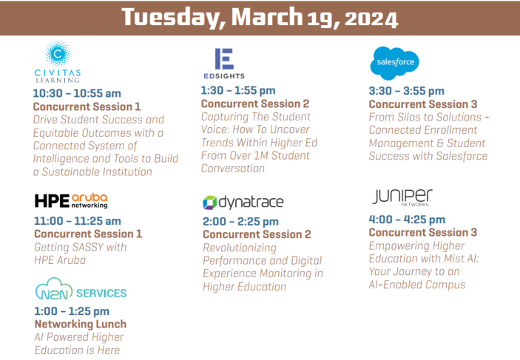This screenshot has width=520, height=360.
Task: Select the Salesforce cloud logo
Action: [x=394, y=62]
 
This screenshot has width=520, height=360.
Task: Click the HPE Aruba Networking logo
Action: [x=71, y=201]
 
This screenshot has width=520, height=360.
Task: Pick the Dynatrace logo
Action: [x=242, y=202]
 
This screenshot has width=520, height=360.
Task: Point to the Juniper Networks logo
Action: [x=402, y=197]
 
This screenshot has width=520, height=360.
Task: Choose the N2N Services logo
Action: [x=80, y=292]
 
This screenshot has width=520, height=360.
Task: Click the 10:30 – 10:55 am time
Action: [x=77, y=93]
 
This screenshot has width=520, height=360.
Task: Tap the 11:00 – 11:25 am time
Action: [x=78, y=220]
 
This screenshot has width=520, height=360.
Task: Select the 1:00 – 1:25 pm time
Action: [x=72, y=311]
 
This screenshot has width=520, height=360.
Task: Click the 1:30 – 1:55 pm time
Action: [x=238, y=91]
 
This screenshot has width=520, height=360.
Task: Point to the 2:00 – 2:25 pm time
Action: [x=240, y=221]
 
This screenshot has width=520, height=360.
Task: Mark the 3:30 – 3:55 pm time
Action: [x=406, y=91]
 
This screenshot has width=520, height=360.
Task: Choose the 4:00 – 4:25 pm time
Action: [x=407, y=220]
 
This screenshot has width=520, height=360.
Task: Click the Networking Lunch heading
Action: [x=80, y=325]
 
